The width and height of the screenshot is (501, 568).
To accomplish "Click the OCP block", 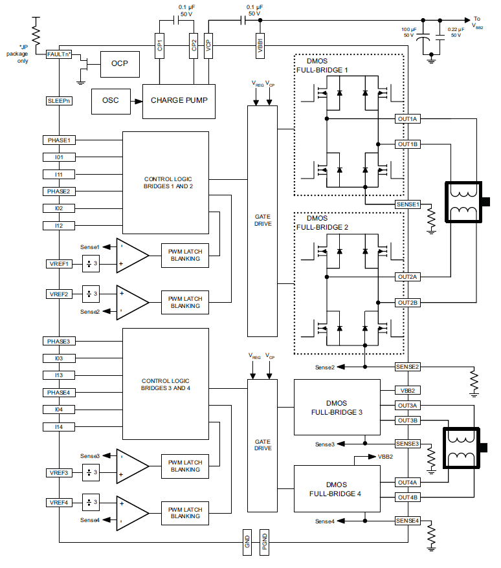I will (x=120, y=63).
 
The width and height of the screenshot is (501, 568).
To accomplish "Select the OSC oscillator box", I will (x=110, y=100).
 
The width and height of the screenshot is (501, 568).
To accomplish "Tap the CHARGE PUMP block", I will (x=178, y=101).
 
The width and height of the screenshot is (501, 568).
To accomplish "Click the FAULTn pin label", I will (x=58, y=54).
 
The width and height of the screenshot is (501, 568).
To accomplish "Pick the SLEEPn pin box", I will (x=58, y=101).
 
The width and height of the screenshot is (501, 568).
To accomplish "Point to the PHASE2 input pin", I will (x=58, y=191).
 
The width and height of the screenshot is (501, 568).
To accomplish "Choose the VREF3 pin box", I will (x=58, y=473).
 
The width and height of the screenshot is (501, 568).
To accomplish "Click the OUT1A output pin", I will (x=408, y=119).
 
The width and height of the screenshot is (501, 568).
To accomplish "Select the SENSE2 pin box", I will (x=408, y=367).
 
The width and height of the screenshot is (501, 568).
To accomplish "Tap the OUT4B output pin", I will (x=408, y=497).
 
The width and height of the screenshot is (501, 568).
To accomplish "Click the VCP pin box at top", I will (x=208, y=46).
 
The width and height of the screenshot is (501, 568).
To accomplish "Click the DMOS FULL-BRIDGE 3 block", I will (x=337, y=407).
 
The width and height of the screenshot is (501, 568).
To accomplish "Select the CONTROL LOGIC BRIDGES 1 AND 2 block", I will (x=166, y=182).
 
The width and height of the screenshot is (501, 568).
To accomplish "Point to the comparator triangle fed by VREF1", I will (x=132, y=254).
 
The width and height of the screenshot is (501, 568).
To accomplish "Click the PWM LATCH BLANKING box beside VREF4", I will (x=185, y=513).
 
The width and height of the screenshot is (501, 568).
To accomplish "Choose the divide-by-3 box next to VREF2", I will (x=91, y=294).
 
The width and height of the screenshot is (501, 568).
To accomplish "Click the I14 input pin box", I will (x=58, y=427).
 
